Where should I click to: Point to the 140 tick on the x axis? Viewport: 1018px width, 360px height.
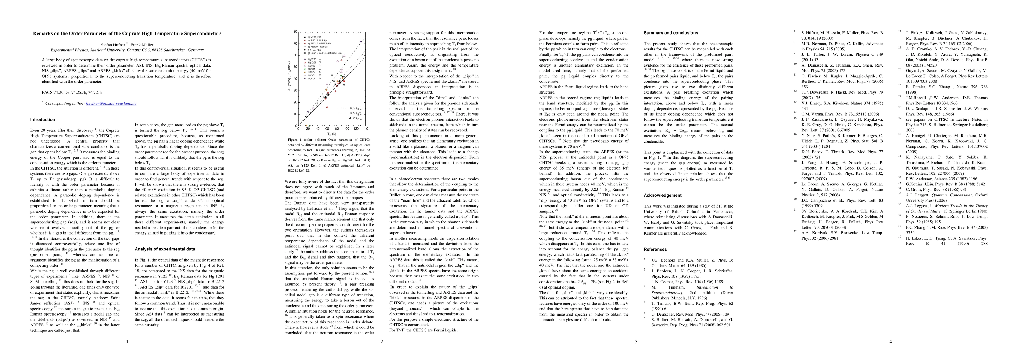(x=366, y=129)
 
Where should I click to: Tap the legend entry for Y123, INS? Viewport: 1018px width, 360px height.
(x=311, y=37)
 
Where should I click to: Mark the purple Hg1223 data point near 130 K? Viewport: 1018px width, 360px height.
(x=361, y=41)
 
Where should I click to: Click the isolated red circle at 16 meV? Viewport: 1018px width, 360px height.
(x=327, y=107)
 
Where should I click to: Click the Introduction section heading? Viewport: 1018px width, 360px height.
(x=43, y=120)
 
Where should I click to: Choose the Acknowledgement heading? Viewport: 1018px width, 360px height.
(x=662, y=196)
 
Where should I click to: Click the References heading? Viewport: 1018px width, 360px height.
(x=655, y=249)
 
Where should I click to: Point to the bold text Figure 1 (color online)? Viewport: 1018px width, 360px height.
(x=307, y=140)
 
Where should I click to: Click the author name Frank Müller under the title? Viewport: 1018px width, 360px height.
(x=143, y=45)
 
